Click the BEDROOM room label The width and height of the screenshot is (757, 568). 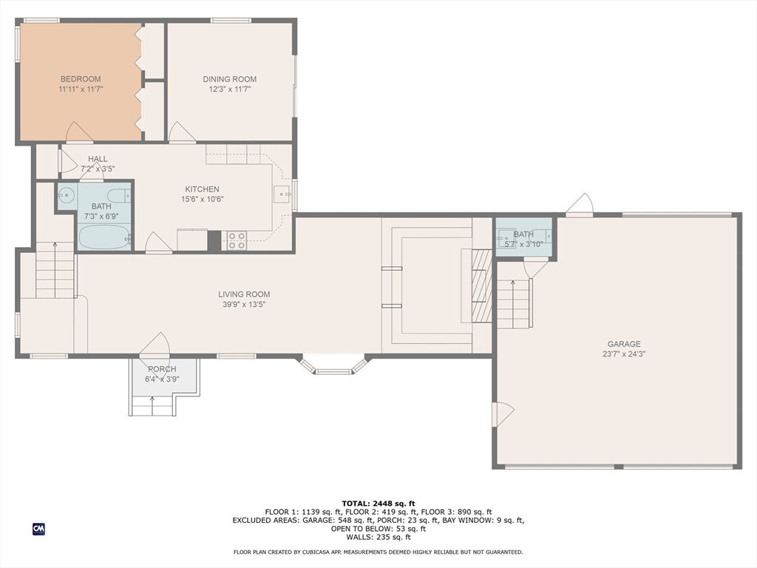tap(81, 79)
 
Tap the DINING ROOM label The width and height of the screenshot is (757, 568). tap(229, 79)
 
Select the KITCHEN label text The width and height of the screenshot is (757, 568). tap(203, 189)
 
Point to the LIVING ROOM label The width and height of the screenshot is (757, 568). tap(244, 294)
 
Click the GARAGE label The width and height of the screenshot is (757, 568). tap(624, 344)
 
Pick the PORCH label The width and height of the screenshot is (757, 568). tap(162, 369)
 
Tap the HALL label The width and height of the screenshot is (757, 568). tap(98, 159)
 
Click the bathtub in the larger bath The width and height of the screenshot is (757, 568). tap(104, 237)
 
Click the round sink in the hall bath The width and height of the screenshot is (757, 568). tap(66, 195)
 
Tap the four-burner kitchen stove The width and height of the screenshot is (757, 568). tap(237, 240)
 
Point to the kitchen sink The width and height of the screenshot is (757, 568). tap(282, 195)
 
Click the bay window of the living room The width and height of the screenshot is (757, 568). tap(333, 365)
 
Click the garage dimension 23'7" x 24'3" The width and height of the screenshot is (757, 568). tap(624, 354)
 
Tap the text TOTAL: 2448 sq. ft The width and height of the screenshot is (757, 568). tap(378, 503)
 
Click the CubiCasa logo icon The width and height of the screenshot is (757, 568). tap(38, 529)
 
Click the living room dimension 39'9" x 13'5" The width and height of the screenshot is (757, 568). tap(244, 304)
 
